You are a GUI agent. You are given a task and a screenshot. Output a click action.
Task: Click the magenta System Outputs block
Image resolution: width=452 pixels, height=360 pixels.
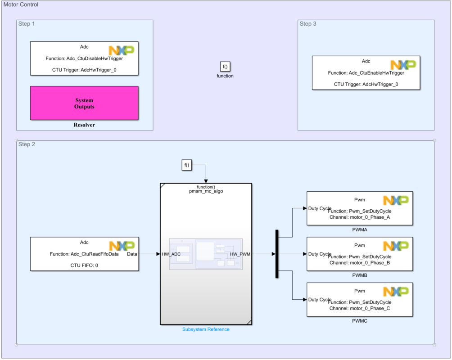pos(84,103)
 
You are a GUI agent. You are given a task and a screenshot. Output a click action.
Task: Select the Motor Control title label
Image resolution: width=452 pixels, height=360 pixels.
pos(21,4)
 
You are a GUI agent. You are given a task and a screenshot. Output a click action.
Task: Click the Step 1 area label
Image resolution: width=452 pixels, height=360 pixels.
pos(27,24)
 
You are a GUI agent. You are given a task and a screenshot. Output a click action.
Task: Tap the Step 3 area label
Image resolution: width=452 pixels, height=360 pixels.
pos(308,24)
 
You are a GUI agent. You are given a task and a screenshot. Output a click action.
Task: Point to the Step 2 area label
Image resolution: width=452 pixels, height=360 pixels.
pos(27,144)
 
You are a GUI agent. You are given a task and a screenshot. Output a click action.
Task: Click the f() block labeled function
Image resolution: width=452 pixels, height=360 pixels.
pos(225,67)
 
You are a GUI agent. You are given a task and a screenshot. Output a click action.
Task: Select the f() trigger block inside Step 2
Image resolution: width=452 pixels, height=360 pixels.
pos(187,166)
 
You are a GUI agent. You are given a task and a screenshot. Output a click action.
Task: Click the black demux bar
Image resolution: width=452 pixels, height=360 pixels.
pos(277,254)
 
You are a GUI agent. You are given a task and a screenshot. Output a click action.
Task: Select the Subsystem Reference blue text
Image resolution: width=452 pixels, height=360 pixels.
pos(206,329)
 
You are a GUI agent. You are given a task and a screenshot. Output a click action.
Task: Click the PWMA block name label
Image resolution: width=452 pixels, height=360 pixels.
pos(360,230)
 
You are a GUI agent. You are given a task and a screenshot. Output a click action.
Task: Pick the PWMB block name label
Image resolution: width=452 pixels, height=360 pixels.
pos(360,275)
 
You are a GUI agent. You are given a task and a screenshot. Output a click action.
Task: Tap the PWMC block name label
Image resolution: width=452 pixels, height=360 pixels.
pos(360,321)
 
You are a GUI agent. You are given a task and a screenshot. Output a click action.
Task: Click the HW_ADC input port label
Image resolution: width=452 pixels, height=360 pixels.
pos(171,254)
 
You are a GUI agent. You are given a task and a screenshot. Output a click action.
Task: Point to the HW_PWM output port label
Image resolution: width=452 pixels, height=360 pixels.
pos(240,254)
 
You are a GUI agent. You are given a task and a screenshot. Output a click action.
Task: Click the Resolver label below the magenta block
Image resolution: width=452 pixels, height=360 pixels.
pos(84,125)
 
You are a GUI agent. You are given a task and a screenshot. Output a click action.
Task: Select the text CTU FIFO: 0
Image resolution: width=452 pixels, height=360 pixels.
pos(84,265)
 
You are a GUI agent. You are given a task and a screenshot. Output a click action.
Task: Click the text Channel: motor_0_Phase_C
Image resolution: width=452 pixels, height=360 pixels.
pos(360,308)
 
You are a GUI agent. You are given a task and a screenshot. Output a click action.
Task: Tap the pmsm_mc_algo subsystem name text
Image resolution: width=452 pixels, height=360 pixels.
pos(206,191)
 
